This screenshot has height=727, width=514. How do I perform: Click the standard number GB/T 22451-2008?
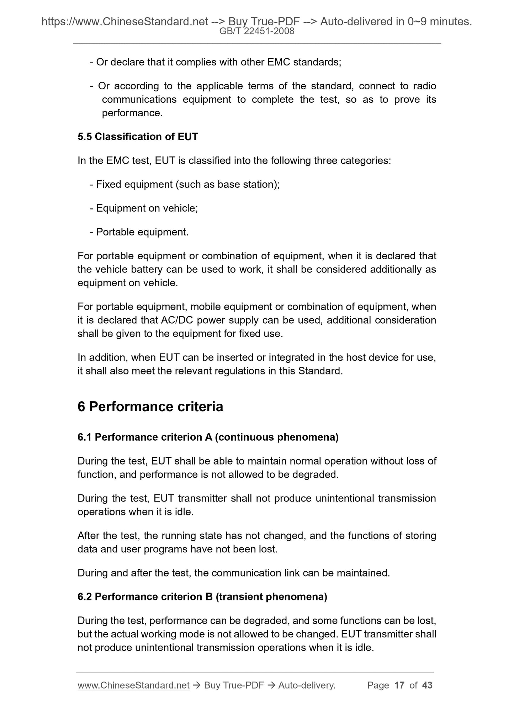click(x=257, y=31)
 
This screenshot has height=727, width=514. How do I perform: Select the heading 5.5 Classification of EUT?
click(x=138, y=137)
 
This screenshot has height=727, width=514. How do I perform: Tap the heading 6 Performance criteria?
click(x=150, y=407)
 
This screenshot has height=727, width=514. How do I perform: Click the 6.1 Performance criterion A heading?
click(x=208, y=437)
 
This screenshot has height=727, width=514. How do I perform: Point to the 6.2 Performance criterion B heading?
click(x=202, y=596)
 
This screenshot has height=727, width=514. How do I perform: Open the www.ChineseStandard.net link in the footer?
click(x=133, y=685)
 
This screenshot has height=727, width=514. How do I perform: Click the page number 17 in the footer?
click(x=399, y=685)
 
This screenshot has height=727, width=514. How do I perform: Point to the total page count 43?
click(x=427, y=685)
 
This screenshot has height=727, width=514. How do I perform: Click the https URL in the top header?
click(x=124, y=22)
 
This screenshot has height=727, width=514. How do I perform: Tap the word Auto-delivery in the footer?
click(x=306, y=685)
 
